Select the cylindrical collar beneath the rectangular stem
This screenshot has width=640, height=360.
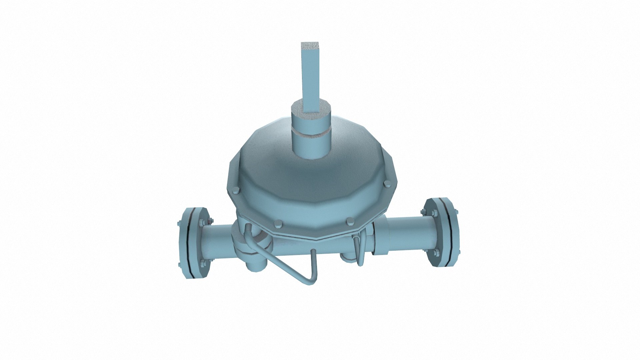click(311, 147)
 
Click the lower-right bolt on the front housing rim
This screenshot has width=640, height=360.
click(349, 221)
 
